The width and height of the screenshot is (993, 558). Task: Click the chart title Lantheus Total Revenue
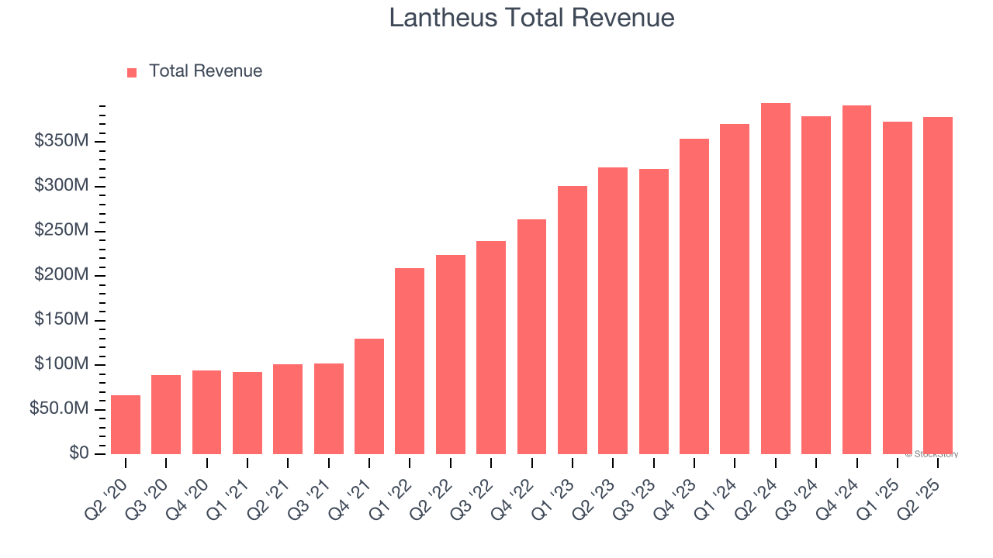click(531, 18)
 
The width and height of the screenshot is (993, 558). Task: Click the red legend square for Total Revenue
click(132, 72)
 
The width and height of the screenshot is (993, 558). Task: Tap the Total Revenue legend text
click(206, 71)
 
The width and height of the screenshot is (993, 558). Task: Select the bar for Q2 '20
click(126, 425)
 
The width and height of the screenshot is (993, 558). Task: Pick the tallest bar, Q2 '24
click(775, 279)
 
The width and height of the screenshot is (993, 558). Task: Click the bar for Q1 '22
click(410, 361)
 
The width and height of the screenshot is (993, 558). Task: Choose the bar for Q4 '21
click(369, 396)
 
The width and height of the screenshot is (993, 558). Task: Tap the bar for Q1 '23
click(573, 320)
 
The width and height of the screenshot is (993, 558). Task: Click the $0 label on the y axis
click(78, 453)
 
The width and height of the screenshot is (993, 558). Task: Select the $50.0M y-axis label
click(59, 408)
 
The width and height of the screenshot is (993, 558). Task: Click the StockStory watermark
click(932, 454)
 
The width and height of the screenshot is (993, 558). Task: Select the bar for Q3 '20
click(166, 415)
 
